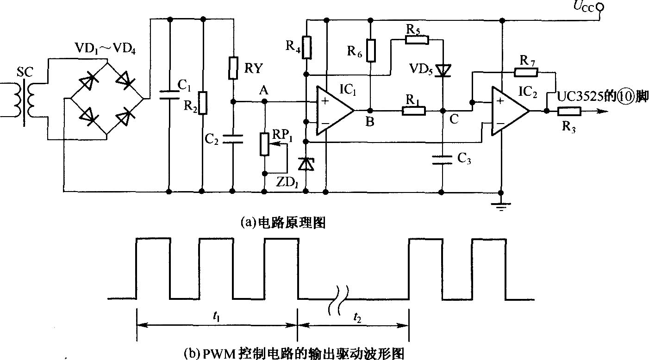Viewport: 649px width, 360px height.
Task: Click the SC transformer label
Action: [25, 72]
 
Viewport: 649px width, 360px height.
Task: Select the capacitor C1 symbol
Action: [170, 95]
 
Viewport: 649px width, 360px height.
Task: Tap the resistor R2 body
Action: [202, 103]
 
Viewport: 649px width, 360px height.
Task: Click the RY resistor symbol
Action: [233, 68]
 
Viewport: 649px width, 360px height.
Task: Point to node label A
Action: [264, 91]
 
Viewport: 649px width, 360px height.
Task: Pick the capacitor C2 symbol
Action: [233, 139]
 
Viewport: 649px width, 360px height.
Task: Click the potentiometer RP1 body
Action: [264, 144]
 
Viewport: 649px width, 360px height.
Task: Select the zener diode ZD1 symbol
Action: [306, 164]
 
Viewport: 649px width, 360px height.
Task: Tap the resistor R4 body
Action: [307, 48]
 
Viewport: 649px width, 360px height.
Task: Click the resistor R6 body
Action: [371, 50]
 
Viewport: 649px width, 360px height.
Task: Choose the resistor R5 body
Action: [417, 40]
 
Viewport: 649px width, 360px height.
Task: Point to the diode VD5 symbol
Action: [443, 71]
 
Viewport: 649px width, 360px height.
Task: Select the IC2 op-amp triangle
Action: [510, 111]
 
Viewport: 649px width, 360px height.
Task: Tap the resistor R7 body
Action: [526, 72]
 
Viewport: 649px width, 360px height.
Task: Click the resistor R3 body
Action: [569, 111]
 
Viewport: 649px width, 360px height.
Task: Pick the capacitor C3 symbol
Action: [442, 160]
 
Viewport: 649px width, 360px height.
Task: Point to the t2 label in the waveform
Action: [357, 318]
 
